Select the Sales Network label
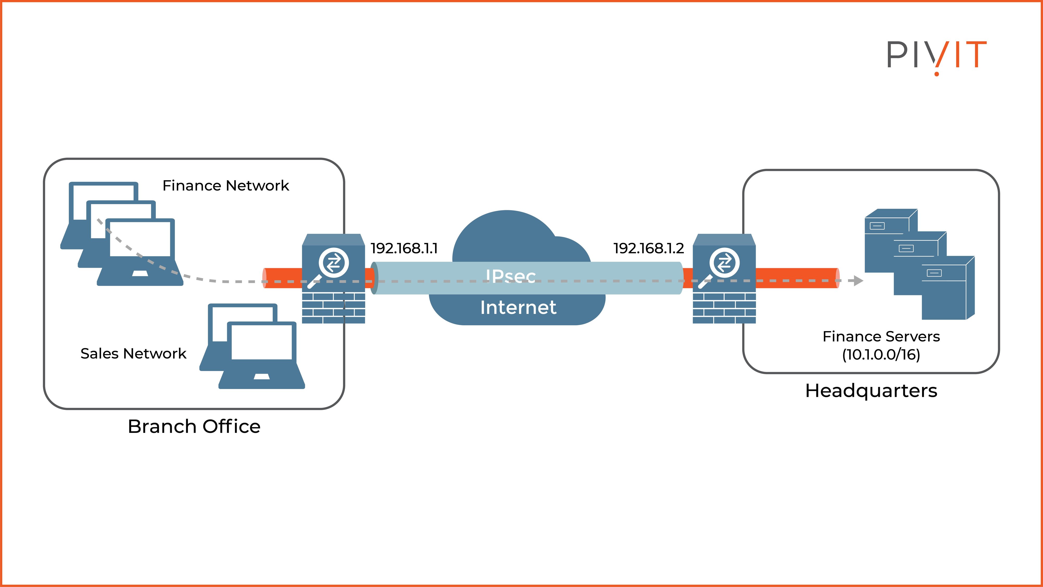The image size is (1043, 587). pos(133,354)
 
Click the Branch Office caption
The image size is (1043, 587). pos(194,426)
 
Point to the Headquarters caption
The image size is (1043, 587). pos(871,391)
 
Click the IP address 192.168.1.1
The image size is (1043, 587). pos(404,248)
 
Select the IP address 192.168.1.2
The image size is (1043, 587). pos(649,248)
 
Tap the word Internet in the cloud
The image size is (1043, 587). pos(518,308)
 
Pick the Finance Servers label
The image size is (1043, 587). pos(881,336)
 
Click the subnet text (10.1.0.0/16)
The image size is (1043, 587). pos(881,355)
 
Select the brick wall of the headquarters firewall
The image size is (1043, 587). pos(724,308)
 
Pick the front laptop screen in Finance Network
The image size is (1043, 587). pos(140,239)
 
